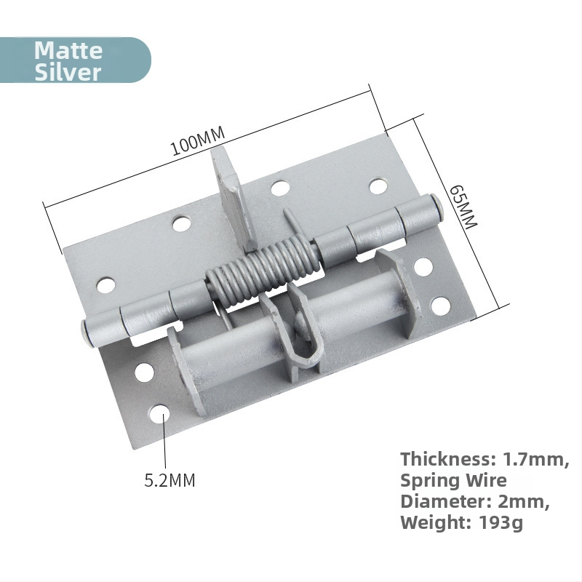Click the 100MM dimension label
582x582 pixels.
tap(198, 140)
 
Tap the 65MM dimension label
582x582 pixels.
tap(463, 207)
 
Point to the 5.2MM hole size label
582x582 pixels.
tap(170, 480)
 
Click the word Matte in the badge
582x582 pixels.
tap(68, 50)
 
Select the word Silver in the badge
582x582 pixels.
tap(68, 71)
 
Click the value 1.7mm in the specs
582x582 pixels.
tap(535, 460)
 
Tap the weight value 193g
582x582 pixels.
tap(501, 523)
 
